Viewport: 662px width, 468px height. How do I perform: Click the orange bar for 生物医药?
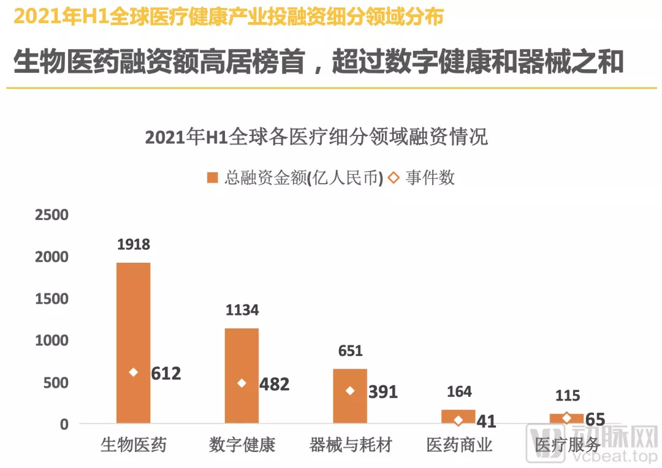[133, 319]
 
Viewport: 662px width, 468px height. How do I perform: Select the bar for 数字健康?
[242, 355]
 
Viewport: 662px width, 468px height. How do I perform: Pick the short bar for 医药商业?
[458, 413]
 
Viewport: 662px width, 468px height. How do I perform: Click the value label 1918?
[133, 245]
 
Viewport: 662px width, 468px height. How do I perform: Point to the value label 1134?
[242, 311]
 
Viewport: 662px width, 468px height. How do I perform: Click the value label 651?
[350, 351]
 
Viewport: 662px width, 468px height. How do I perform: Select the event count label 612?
[166, 373]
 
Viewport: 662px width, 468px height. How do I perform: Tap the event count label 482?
[274, 384]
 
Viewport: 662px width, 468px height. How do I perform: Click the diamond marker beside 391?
[350, 391]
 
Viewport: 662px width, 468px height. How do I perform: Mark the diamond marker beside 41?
[458, 420]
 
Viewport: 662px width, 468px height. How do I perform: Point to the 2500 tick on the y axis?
[51, 216]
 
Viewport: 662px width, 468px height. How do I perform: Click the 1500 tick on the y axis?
[51, 299]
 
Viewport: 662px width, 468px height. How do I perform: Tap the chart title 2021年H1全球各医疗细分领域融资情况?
[316, 137]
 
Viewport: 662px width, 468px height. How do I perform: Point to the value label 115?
[567, 396]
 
